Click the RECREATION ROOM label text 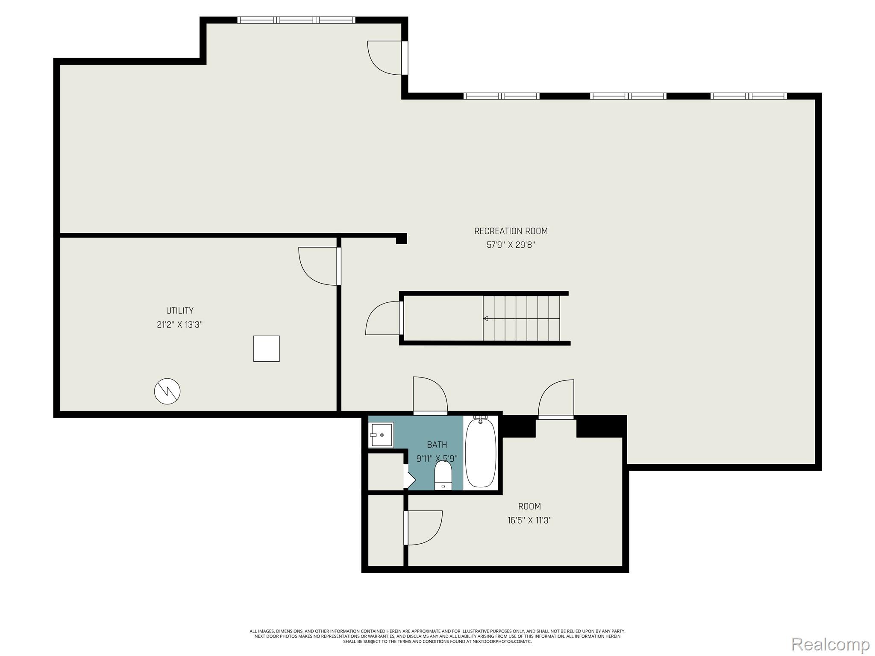click(511, 231)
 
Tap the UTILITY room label click(179, 310)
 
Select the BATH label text click(437, 445)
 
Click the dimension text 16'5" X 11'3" click(529, 520)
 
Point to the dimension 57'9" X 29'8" click(511, 245)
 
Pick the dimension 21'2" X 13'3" click(179, 325)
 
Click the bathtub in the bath click(481, 453)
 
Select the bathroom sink click(381, 435)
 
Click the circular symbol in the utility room click(167, 391)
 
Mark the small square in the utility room click(266, 348)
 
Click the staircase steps click(521, 318)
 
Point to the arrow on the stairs click(486, 318)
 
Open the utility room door click(318, 266)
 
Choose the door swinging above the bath click(429, 395)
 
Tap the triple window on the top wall click(296, 20)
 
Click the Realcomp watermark click(830, 644)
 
